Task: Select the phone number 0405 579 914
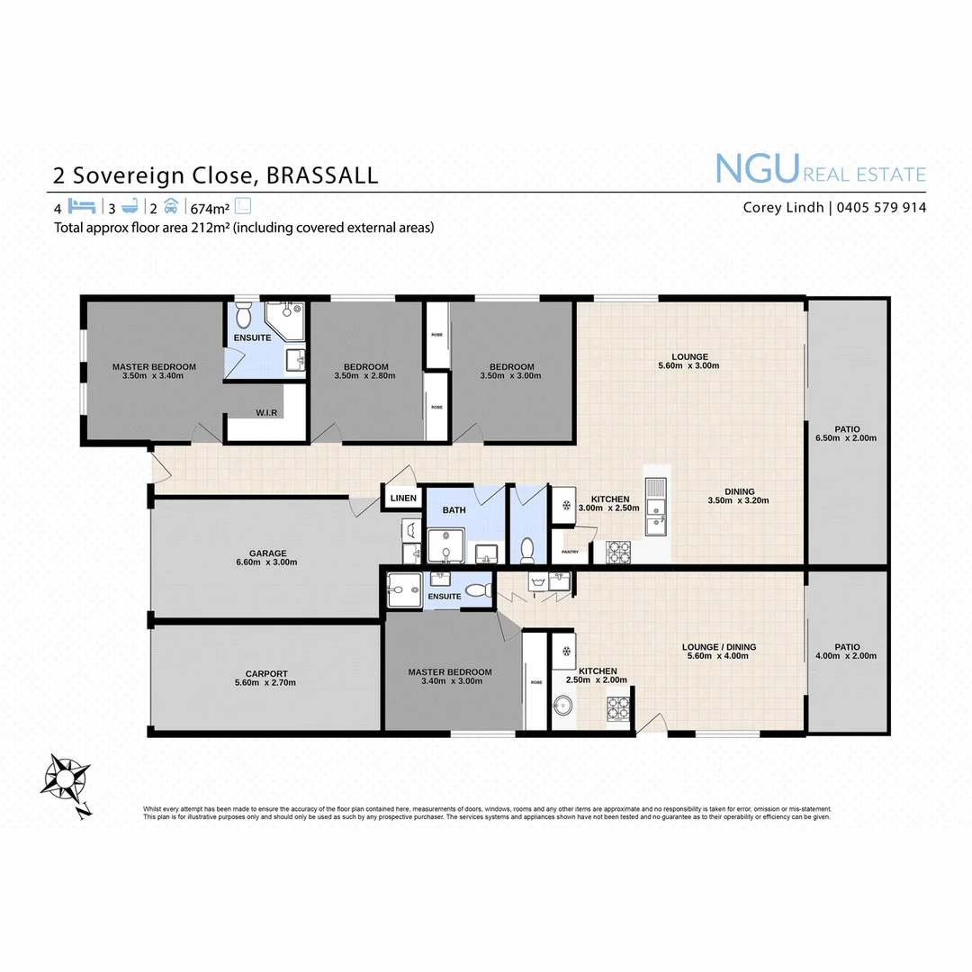[x=881, y=208]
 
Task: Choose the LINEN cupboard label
[x=403, y=498]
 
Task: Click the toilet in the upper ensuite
[x=244, y=316]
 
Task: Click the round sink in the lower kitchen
[x=564, y=705]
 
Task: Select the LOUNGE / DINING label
[x=719, y=647]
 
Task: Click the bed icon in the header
[x=81, y=205]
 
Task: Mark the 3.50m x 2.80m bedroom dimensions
[x=365, y=376]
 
